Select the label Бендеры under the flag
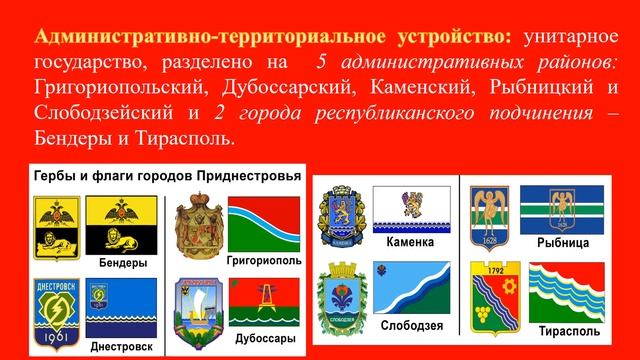[124, 262]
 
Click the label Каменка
[408, 242]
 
